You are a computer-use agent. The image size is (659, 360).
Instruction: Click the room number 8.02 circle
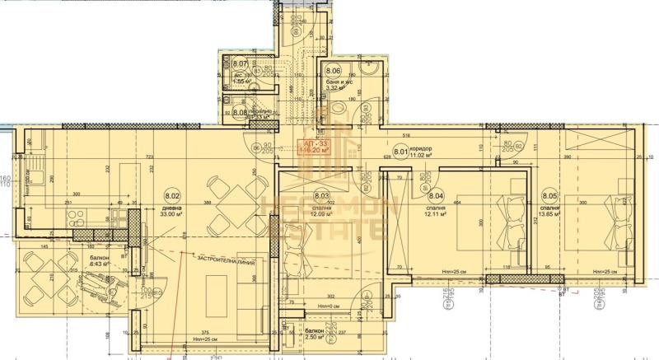(172, 197)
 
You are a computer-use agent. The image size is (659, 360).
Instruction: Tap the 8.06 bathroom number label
(333, 71)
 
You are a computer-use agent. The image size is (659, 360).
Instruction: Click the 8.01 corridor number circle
(400, 151)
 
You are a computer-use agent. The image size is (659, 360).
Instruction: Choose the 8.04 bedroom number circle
(436, 196)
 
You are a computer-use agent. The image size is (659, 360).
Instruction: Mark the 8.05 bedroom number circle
(549, 196)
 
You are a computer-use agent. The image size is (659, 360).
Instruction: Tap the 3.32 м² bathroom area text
(337, 89)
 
